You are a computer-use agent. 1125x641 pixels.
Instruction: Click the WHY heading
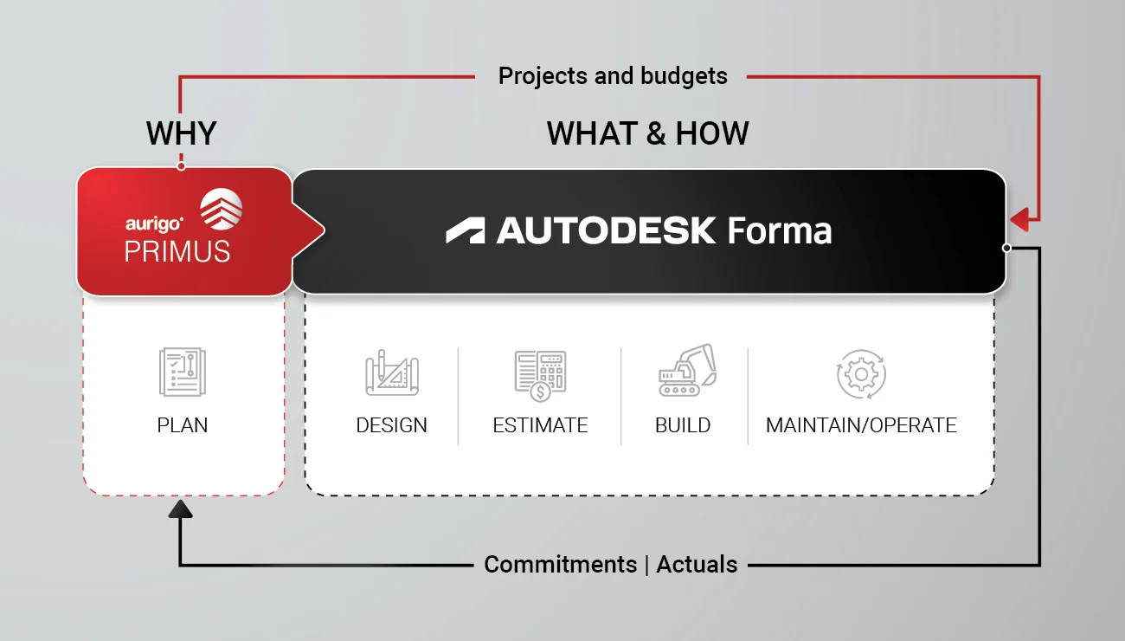click(x=182, y=133)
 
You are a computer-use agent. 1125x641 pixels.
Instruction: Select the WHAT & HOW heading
click(x=648, y=133)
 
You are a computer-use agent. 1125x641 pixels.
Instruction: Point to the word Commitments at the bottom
click(x=561, y=565)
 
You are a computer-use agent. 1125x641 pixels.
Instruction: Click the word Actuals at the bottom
click(x=697, y=565)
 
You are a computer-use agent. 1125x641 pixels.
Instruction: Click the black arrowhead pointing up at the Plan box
click(x=180, y=508)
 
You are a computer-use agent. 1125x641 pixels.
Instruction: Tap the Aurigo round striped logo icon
click(x=222, y=209)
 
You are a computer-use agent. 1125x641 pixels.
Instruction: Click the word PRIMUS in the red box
click(x=177, y=251)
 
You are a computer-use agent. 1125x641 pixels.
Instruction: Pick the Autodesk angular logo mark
click(x=466, y=230)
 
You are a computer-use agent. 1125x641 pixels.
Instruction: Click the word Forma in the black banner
click(x=780, y=230)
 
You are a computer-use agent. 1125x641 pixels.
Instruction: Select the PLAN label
click(x=183, y=425)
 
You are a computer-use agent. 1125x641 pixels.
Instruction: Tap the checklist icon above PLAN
click(x=183, y=372)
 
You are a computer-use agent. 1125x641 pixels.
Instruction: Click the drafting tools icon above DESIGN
click(x=392, y=372)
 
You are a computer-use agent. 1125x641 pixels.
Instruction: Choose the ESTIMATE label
click(x=540, y=425)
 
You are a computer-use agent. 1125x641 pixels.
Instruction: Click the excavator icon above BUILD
click(x=687, y=370)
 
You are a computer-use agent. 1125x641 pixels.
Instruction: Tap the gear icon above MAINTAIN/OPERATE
click(x=861, y=374)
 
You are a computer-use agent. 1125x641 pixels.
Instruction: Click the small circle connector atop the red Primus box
click(x=182, y=166)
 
